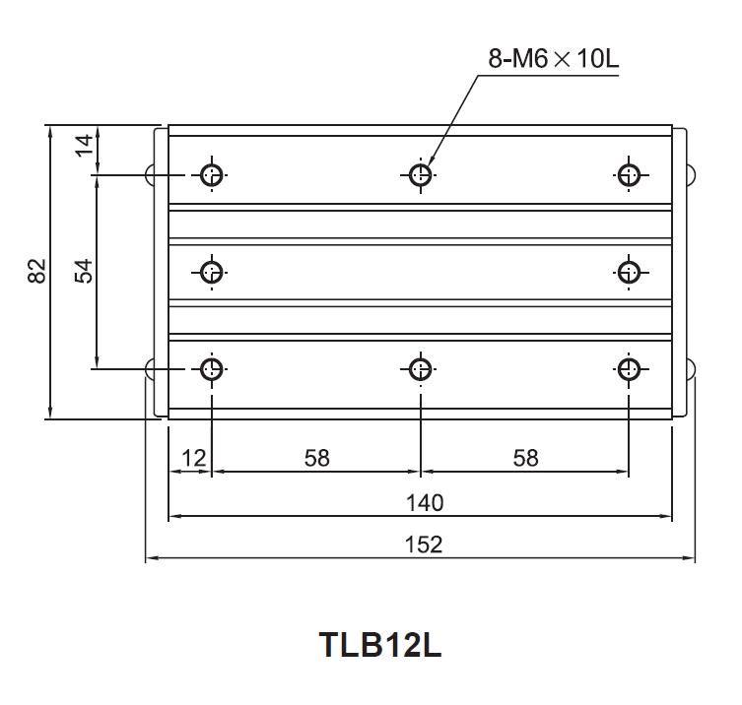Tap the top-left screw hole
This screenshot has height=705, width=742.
pos(212,175)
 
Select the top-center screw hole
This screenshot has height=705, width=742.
pos(421,175)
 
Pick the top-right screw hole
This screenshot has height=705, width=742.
pos(629,175)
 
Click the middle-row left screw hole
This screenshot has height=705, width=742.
pos(212,271)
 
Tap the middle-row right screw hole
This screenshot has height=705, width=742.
pos(629,271)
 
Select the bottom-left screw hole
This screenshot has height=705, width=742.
pos(212,369)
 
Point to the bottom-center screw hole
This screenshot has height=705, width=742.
pos(421,369)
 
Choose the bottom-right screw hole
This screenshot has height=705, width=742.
pos(629,369)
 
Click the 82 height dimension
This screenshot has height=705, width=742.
pos(37,271)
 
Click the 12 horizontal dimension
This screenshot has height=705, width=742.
pos(193,458)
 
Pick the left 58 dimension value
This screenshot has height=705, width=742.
pos(316,458)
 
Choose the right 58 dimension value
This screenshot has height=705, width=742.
pos(525,458)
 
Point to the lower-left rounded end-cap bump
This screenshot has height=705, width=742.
pos(150,369)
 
